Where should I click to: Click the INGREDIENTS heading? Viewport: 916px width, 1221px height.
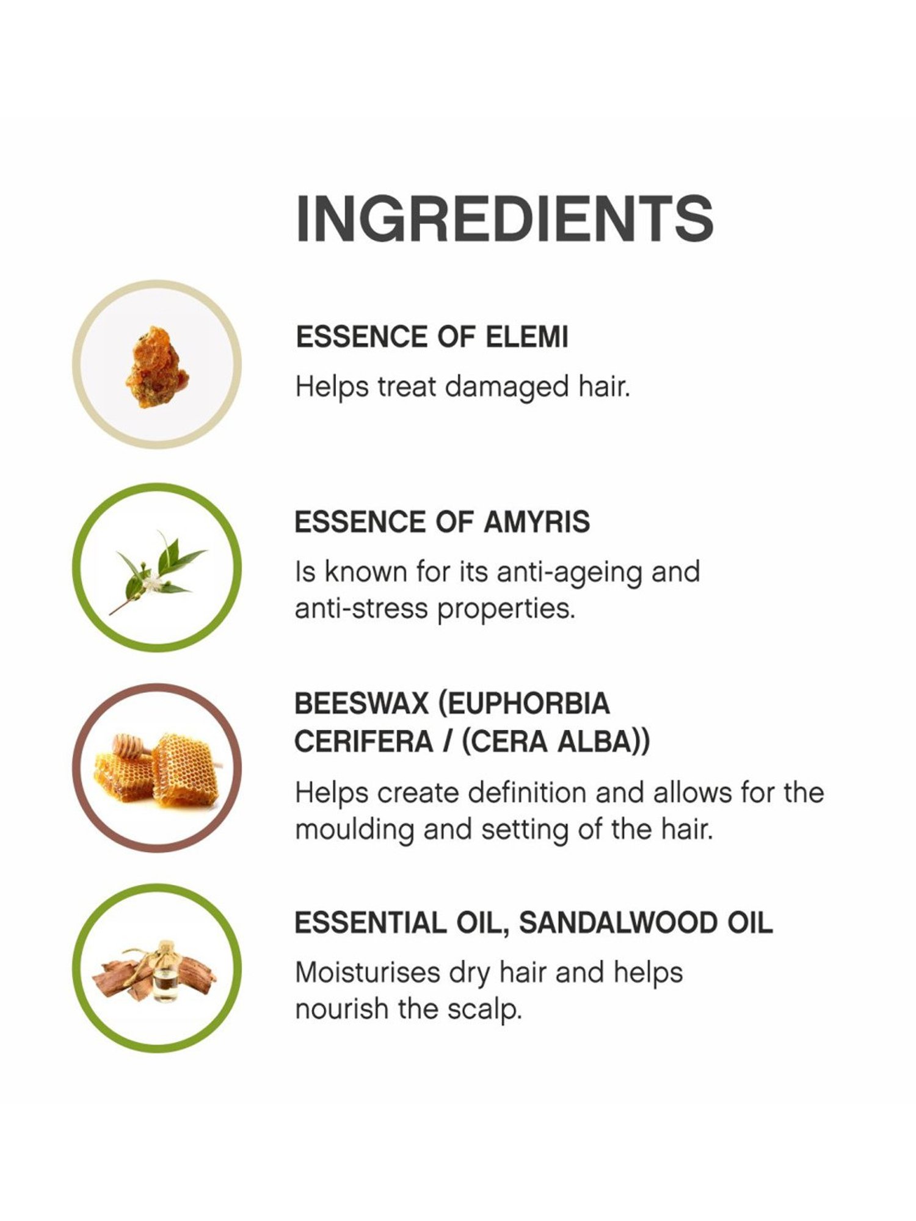[505, 219]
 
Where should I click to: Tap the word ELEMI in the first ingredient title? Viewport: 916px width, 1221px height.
[526, 337]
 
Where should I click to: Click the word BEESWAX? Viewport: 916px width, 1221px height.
[362, 704]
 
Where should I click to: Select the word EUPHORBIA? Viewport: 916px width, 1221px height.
[524, 704]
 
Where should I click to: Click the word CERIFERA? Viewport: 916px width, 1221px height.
[363, 742]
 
